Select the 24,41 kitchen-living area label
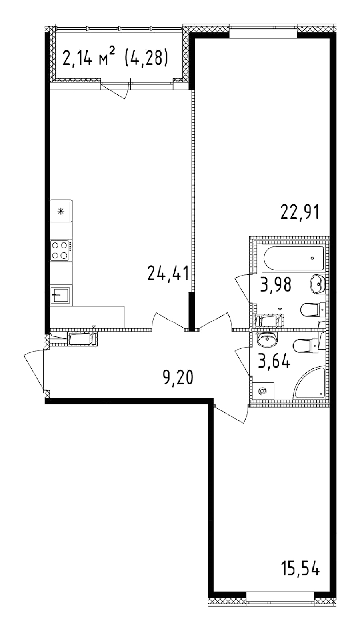[168, 274]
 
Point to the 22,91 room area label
[300, 212]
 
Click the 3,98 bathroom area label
[276, 285]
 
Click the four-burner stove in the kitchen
[61, 250]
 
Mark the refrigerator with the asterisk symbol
[61, 211]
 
